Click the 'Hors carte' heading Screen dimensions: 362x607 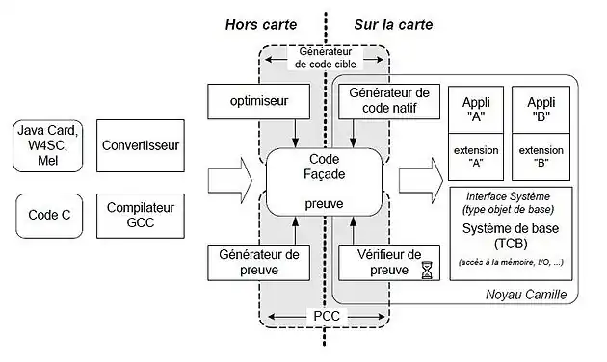click(260, 24)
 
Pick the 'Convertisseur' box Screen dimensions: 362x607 click(139, 147)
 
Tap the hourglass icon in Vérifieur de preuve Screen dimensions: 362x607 click(427, 271)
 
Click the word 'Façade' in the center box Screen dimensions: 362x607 click(326, 175)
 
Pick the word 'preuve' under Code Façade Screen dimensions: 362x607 click(326, 203)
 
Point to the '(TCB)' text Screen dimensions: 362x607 click(511, 246)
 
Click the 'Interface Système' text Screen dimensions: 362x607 click(511, 197)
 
